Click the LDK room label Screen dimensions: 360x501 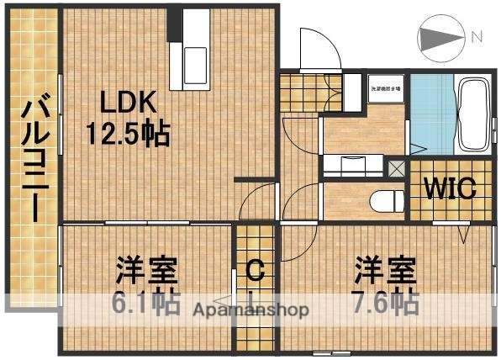pos(128,103)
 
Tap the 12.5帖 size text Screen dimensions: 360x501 pos(128,133)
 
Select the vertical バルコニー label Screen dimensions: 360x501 pos(34,160)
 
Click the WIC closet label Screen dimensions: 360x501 pos(449,188)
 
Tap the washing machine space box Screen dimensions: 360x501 pos(386,87)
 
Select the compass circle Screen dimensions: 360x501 pos(441,39)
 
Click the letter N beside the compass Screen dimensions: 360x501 pos(477,37)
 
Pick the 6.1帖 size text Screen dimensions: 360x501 pos(145,301)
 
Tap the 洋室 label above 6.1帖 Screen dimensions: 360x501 pos(146,271)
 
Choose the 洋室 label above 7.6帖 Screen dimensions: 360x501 pos(384,271)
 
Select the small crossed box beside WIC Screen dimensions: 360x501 pos(397,166)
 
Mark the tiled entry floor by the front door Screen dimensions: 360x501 pos(301,86)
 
